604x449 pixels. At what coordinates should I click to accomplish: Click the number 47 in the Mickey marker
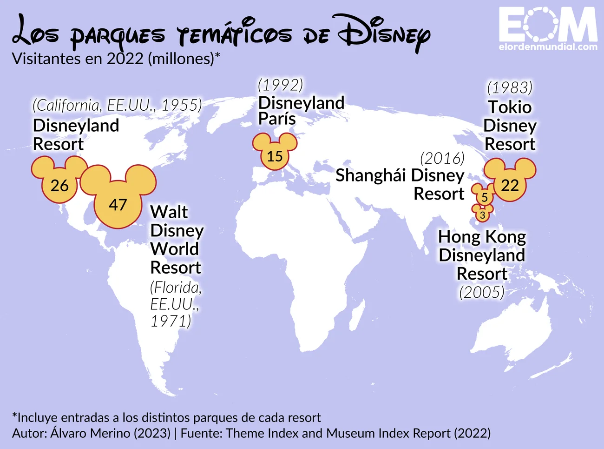coord(118,204)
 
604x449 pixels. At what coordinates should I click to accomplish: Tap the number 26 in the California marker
coord(59,185)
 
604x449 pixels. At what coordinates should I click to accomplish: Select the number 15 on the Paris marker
coord(275,156)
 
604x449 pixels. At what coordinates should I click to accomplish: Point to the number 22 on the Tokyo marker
coord(510,185)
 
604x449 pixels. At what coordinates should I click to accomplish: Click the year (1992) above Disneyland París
coord(280,85)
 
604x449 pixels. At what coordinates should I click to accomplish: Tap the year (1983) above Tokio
coord(510,87)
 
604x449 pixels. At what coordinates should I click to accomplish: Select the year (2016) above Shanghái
coord(442,158)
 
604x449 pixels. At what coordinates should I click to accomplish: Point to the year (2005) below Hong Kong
coord(482,292)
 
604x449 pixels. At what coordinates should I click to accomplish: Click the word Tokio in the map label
coord(510,107)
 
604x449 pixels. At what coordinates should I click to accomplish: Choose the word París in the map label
coord(277,119)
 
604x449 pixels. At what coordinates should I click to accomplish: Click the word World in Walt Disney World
coord(174,249)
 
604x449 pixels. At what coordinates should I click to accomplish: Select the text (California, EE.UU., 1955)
coord(117,105)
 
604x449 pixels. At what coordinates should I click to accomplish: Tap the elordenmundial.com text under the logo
coord(548,47)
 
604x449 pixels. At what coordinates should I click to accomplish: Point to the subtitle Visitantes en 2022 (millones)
coord(116,59)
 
